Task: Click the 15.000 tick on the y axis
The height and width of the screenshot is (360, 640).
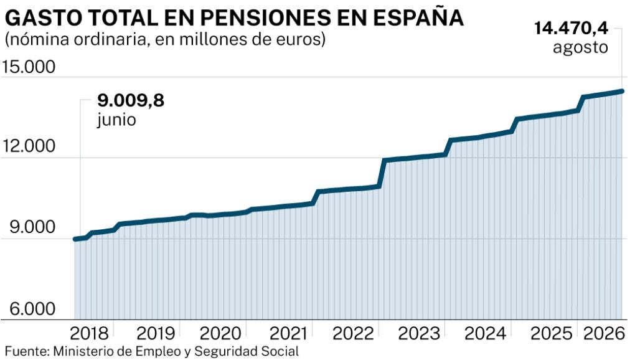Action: click(29, 67)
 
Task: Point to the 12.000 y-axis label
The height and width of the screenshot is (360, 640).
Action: click(29, 146)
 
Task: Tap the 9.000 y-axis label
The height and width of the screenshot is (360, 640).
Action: click(32, 227)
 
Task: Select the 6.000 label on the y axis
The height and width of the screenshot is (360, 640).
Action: click(32, 308)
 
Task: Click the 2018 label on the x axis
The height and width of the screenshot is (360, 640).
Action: click(90, 333)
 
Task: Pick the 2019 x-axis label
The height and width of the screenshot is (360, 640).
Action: click(156, 333)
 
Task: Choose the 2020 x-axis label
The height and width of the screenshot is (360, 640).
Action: click(220, 333)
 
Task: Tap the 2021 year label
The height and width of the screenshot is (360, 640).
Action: click(288, 333)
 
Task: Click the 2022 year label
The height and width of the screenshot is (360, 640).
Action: click(353, 333)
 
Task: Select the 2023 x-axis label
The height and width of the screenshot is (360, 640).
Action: click(419, 333)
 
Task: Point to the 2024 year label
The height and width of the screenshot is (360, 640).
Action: click(486, 333)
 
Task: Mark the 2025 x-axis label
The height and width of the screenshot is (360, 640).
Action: click(551, 333)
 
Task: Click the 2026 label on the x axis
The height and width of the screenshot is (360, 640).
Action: click(604, 333)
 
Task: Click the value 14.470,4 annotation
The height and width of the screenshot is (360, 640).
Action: click(571, 29)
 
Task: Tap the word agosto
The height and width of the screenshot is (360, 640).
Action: click(580, 48)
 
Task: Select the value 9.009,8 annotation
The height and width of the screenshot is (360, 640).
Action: click(131, 100)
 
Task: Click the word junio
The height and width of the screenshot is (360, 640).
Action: click(116, 120)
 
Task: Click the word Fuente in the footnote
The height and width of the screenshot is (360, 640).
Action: click(27, 351)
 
